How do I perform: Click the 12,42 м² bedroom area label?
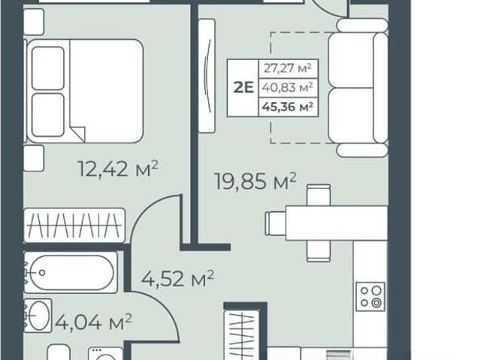119,168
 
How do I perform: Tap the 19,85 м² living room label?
256,181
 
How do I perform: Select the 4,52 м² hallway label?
177,278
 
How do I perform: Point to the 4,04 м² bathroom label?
93,322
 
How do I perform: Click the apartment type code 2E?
244,88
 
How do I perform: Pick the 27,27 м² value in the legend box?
287,68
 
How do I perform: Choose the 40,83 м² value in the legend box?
287,88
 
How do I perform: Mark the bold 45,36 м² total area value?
287,107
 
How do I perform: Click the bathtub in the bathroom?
71,272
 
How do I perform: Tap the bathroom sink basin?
38,315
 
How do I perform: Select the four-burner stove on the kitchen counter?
371,296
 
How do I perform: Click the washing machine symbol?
105,353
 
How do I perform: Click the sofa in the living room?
359,88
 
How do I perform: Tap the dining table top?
337,223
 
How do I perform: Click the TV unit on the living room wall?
207,76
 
